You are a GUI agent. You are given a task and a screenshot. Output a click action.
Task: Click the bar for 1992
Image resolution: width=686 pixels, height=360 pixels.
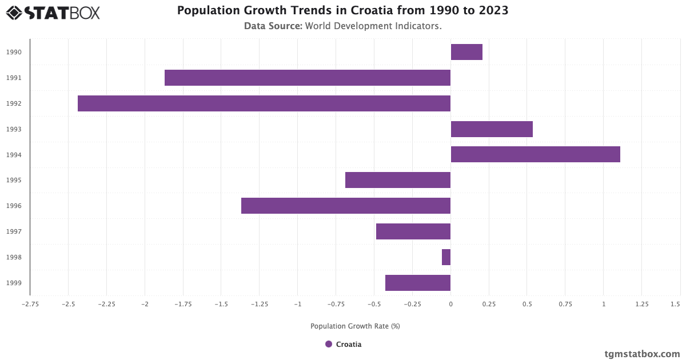point(264,103)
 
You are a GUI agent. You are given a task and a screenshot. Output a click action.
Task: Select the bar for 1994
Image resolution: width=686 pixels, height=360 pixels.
point(535,154)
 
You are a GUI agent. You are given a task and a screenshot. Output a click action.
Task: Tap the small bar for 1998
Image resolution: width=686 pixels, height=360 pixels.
point(446,257)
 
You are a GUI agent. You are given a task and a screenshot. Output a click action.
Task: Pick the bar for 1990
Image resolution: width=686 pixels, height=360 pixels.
point(466,52)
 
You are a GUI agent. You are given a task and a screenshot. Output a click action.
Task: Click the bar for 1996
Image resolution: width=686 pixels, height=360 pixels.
point(346,206)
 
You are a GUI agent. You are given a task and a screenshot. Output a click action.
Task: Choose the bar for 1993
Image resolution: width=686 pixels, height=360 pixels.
point(492,129)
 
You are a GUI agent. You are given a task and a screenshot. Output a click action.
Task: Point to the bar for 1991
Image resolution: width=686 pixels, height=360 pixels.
point(308,78)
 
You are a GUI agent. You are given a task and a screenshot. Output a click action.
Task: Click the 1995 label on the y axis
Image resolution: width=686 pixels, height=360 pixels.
point(14,181)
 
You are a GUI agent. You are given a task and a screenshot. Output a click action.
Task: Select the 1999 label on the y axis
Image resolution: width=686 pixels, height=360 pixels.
point(14,283)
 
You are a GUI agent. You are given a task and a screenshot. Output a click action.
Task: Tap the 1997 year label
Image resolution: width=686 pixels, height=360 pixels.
point(14,231)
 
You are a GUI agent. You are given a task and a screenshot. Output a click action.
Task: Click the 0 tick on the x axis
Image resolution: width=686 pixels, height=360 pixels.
point(450,304)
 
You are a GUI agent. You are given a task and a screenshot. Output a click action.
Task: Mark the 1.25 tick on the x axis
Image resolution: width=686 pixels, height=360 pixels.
point(641,304)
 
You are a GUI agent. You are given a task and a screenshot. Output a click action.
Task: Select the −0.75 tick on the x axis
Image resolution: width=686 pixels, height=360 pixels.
point(336,304)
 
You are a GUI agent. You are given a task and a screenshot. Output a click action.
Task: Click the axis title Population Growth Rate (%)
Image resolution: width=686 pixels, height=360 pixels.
point(355,326)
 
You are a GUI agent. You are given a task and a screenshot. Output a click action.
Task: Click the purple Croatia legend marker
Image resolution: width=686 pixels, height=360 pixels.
point(329,344)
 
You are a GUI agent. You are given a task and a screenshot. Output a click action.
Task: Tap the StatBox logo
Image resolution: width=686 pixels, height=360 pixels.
point(53,13)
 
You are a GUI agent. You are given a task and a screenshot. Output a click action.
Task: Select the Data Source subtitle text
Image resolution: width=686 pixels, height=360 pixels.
point(343,26)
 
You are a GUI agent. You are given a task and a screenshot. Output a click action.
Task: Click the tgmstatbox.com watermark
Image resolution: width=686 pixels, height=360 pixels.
point(642,354)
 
